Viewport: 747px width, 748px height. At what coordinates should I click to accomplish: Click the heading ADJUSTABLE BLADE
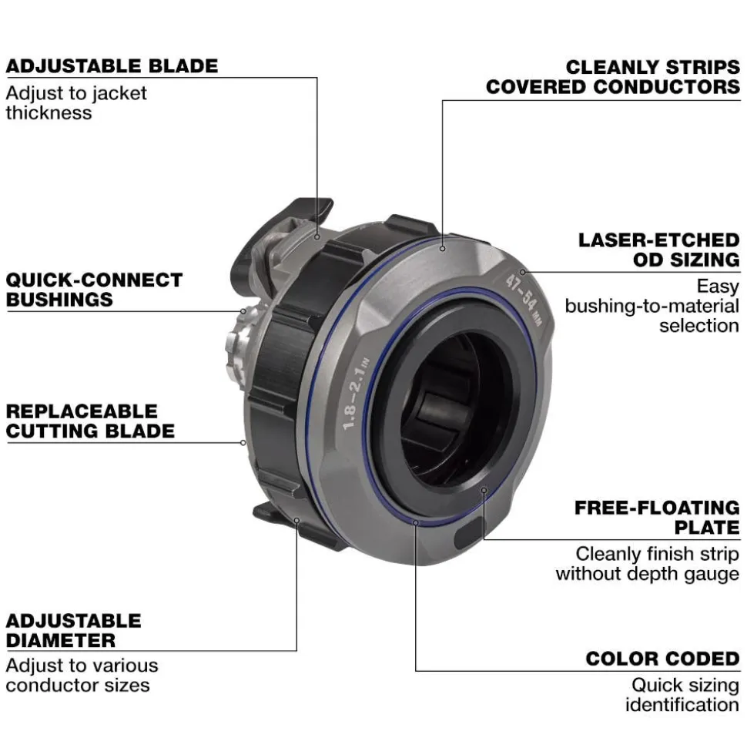[x=112, y=65]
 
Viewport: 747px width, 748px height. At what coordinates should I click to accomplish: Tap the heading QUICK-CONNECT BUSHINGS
[x=94, y=290]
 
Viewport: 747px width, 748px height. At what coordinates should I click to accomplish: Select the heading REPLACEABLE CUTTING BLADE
[x=90, y=421]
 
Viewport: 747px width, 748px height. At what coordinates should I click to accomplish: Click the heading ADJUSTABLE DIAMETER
[x=73, y=630]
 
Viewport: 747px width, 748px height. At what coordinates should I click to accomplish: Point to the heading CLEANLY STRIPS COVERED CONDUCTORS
[x=613, y=77]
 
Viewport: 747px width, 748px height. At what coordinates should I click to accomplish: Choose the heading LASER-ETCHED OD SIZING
[x=659, y=250]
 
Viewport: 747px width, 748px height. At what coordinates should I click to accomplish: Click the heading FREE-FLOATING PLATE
[x=658, y=518]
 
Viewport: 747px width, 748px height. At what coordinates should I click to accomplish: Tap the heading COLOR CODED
[x=663, y=659]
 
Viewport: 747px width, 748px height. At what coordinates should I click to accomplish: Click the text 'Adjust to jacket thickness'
[x=76, y=102]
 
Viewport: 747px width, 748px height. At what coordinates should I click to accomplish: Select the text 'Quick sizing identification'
[x=682, y=695]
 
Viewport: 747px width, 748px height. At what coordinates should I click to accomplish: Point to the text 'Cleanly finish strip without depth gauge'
[x=648, y=563]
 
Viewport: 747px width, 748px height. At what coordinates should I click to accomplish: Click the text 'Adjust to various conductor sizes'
[x=82, y=675]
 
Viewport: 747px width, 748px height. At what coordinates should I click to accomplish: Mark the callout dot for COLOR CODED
[x=416, y=523]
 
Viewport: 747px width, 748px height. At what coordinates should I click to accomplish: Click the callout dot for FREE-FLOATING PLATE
[x=484, y=491]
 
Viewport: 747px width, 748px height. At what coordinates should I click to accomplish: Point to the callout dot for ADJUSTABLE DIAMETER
[x=296, y=521]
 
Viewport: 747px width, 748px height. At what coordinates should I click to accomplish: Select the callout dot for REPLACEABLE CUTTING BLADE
[x=243, y=443]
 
